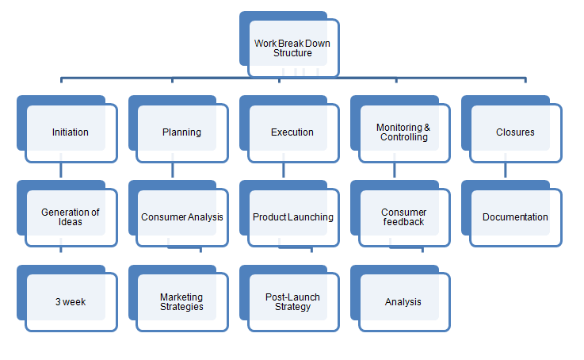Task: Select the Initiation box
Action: tap(71, 132)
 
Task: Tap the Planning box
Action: tap(181, 132)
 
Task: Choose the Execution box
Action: tap(292, 132)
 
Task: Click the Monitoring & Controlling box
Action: tap(403, 132)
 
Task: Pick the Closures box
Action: tap(514, 132)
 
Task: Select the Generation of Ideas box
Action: tap(71, 216)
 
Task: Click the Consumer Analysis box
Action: tap(181, 216)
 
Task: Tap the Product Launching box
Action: tap(292, 216)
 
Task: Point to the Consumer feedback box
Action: tap(403, 216)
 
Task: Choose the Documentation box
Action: tap(514, 216)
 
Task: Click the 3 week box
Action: tap(71, 301)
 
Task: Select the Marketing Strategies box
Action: tap(181, 301)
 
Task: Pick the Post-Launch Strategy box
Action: tap(292, 301)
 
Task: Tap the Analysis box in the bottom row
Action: tap(403, 301)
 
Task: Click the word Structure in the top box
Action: tap(292, 53)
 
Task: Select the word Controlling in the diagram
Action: tap(403, 137)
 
